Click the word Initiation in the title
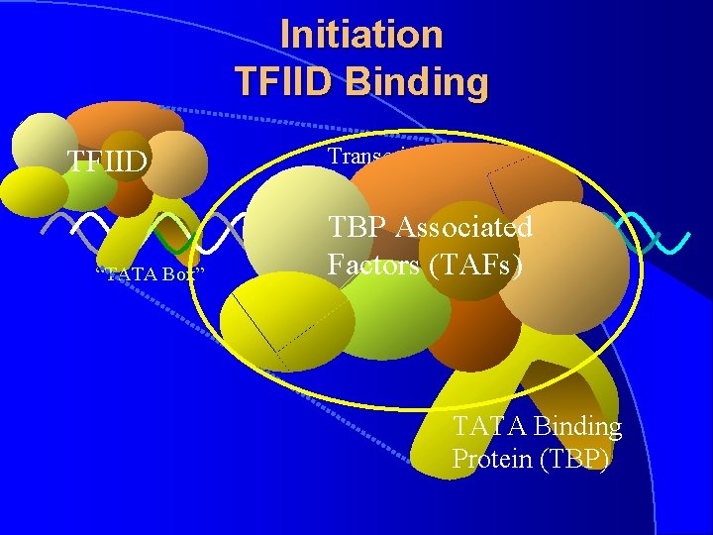click(361, 35)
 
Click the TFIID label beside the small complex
click(107, 160)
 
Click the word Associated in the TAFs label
click(463, 227)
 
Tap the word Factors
click(367, 265)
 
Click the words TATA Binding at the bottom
click(537, 427)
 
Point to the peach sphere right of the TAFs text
click(574, 253)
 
